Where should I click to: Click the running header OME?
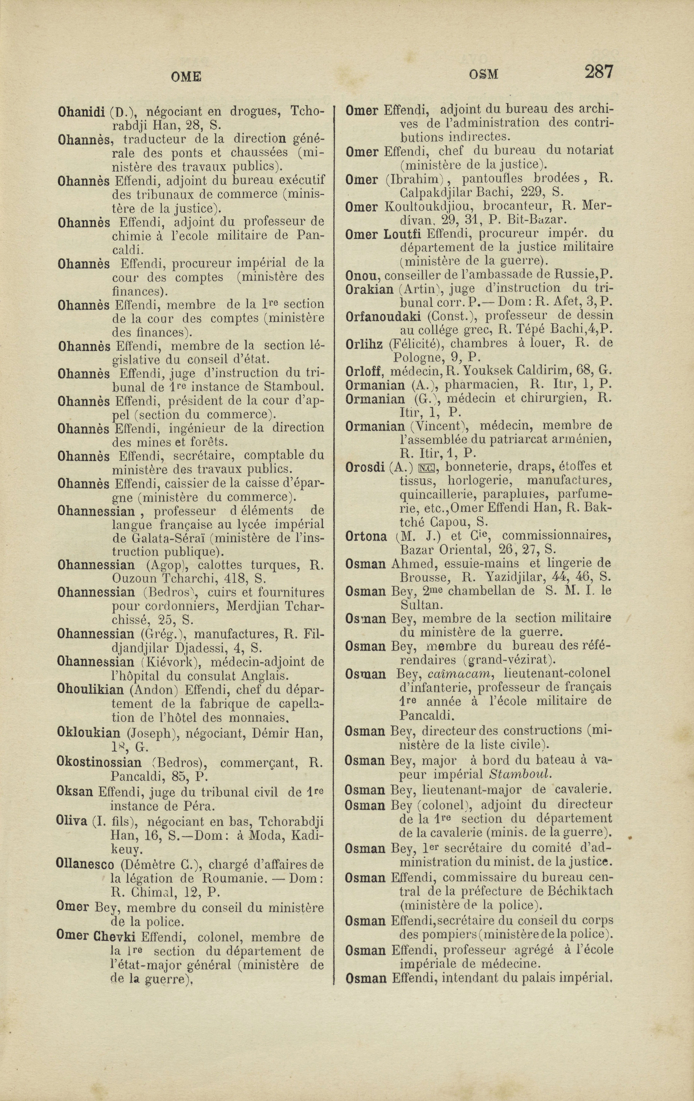[x=186, y=76]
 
